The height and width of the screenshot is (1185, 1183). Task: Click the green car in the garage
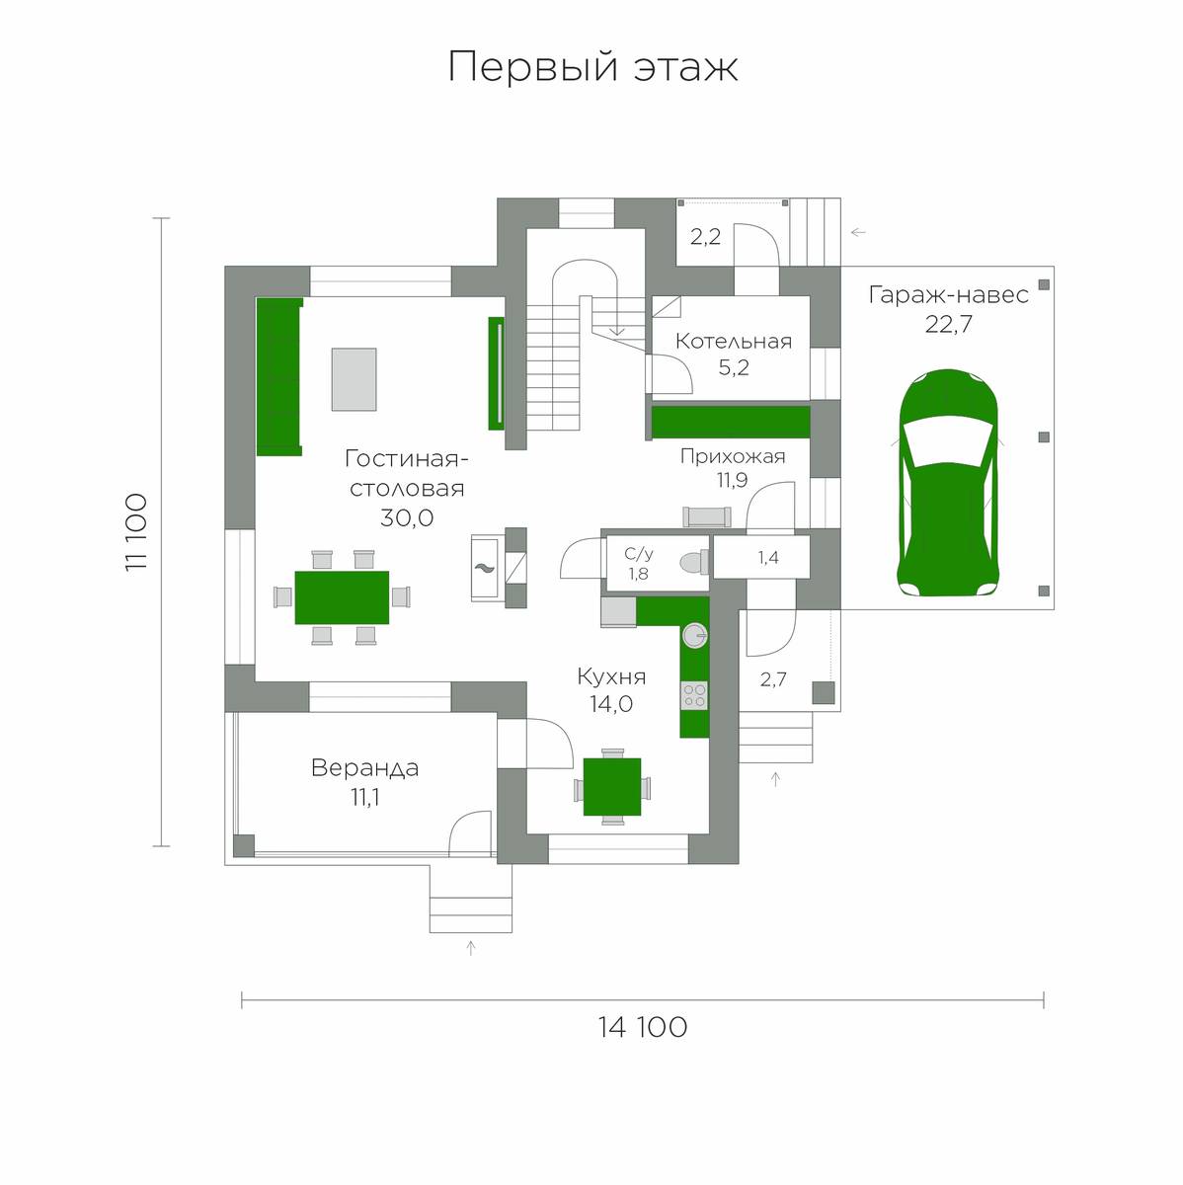[x=948, y=483]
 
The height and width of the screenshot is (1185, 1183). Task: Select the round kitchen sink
[x=695, y=635]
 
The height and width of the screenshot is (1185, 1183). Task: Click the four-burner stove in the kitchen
[x=694, y=695]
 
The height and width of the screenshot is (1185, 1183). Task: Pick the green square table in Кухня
[x=611, y=786]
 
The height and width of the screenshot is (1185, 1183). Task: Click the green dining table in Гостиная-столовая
[x=342, y=597]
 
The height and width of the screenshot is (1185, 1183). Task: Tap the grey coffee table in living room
[x=354, y=379]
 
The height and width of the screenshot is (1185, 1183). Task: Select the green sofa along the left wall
[x=279, y=377]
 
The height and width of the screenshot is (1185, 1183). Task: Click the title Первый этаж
[x=592, y=66]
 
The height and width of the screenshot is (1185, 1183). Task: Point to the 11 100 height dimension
[x=136, y=532]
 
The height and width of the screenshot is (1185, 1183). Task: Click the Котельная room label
[x=734, y=342]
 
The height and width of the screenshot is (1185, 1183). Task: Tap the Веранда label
[x=364, y=768]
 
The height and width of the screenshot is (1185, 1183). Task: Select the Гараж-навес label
[x=948, y=295]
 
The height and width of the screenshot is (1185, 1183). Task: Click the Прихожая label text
[x=733, y=457]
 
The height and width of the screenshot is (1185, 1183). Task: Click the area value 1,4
[x=767, y=558]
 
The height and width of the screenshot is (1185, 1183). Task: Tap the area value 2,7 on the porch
[x=772, y=679]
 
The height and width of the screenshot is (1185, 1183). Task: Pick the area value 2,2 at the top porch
[x=705, y=236]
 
